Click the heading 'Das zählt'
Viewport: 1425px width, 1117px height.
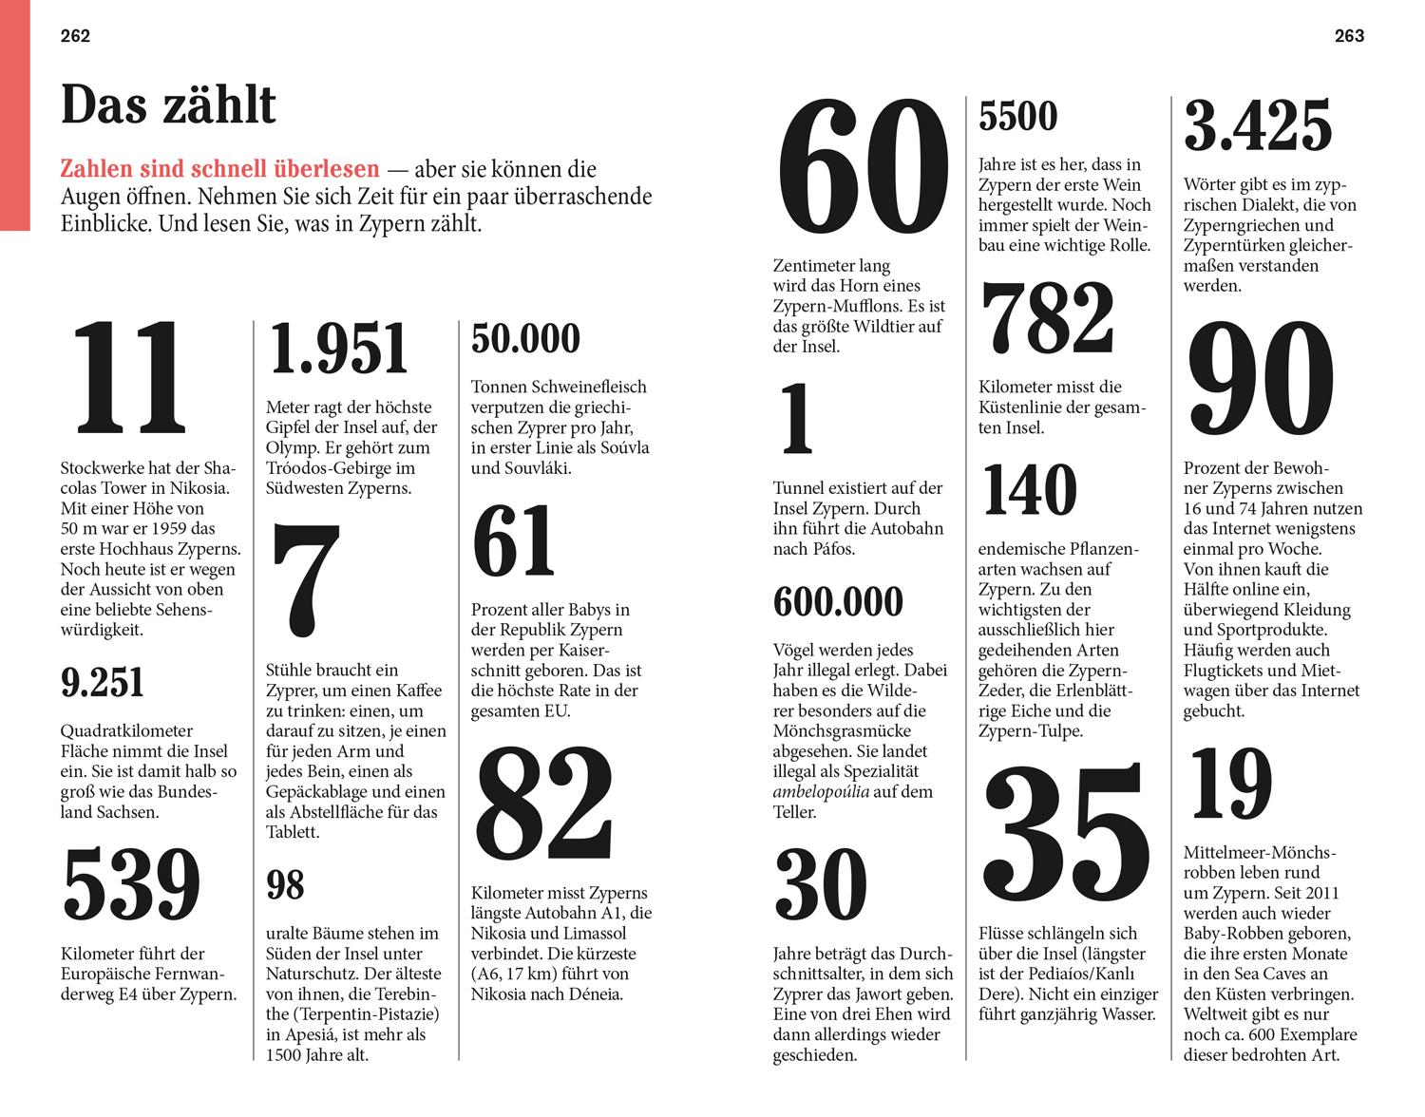point(168,104)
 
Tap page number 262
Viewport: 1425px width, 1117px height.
point(75,36)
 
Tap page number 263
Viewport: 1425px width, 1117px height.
point(1349,36)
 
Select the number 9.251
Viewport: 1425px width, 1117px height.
point(103,683)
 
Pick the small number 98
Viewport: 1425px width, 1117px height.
point(285,885)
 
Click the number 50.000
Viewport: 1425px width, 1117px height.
point(525,339)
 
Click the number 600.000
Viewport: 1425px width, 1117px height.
point(838,602)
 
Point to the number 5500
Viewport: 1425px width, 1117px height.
point(1017,117)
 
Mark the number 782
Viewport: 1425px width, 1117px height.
point(1047,317)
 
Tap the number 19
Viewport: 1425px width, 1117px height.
point(1230,785)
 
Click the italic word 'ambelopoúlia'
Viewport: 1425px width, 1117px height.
point(821,792)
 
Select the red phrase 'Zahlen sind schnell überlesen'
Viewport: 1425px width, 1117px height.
point(219,170)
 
